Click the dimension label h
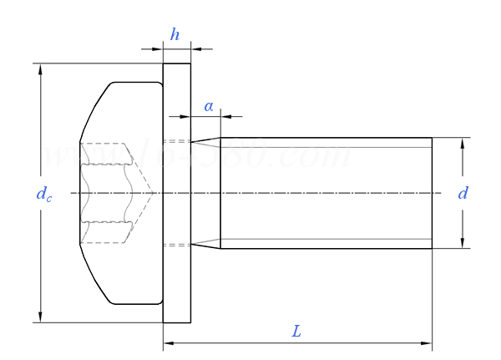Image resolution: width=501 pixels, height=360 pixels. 175,34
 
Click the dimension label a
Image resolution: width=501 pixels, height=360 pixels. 209,106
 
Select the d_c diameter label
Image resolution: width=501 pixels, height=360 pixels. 44,194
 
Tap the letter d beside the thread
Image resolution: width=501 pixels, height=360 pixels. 463,194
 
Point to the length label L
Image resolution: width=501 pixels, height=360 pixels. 296,332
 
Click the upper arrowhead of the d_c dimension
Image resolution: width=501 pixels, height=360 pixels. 40,69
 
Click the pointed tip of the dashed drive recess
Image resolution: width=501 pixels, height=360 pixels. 152,194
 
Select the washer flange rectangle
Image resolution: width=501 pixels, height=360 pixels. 176,193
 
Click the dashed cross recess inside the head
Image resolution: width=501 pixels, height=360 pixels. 109,193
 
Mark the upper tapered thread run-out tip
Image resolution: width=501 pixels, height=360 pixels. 194,141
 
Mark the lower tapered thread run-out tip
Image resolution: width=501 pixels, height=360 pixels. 194,246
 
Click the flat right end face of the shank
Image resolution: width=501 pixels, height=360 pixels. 432,193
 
